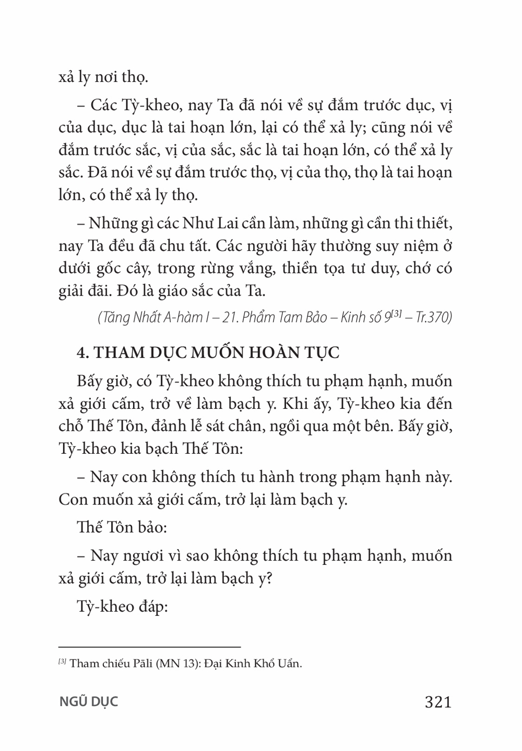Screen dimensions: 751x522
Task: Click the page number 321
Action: click(x=438, y=701)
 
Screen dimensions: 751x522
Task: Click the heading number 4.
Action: click(x=81, y=353)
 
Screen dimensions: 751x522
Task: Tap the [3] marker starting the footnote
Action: click(x=62, y=662)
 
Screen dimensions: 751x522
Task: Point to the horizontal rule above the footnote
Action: click(x=149, y=646)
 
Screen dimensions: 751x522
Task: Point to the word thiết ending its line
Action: click(x=433, y=224)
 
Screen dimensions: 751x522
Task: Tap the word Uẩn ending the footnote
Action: click(x=291, y=664)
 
